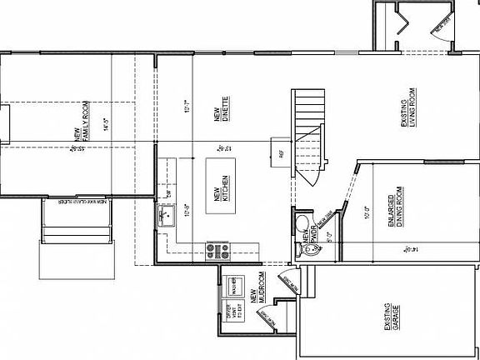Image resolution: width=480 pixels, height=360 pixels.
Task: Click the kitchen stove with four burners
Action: point(217,249)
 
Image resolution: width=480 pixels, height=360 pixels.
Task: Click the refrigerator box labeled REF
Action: point(281,152)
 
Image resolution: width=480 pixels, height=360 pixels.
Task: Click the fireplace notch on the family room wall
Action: point(5,125)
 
